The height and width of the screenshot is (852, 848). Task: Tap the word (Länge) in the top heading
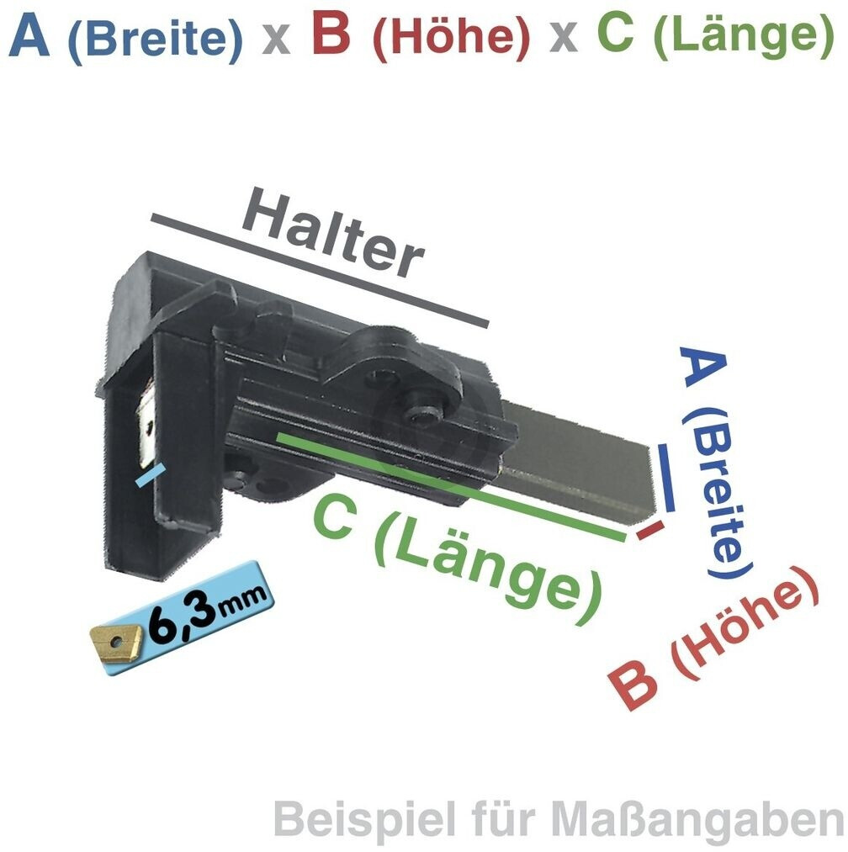pyautogui.click(x=745, y=38)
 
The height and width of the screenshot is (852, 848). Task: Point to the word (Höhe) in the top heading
pyautogui.click(x=451, y=38)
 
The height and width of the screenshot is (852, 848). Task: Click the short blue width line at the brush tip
pyautogui.click(x=666, y=477)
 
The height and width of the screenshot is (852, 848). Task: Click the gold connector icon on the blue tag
pyautogui.click(x=115, y=644)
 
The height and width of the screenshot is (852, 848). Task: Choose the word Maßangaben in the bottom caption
pyautogui.click(x=697, y=820)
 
